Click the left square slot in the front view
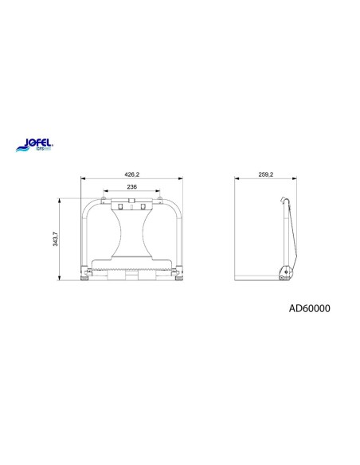pos(122,206)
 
